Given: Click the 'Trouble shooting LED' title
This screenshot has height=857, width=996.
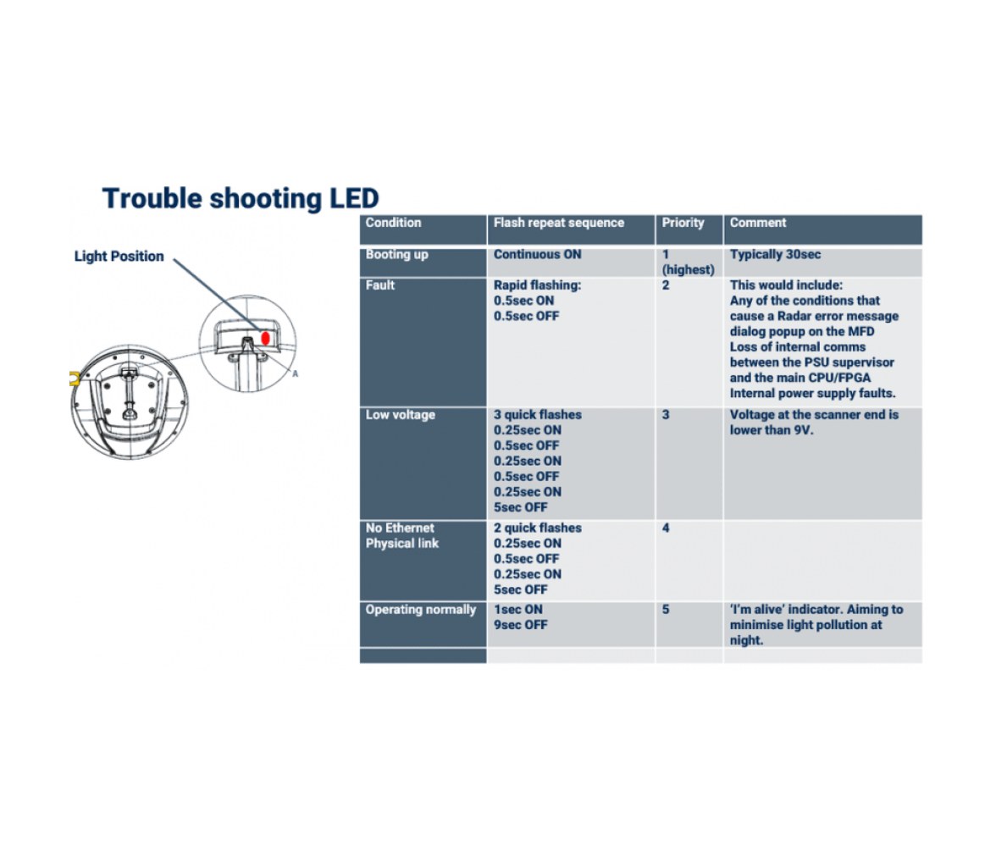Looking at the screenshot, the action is click(241, 199).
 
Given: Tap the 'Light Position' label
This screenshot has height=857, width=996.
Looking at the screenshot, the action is click(119, 257).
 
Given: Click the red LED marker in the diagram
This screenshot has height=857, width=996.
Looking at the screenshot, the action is click(266, 339).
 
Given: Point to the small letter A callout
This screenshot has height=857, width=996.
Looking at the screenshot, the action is click(296, 373).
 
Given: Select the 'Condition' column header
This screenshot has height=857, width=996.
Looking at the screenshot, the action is click(393, 223).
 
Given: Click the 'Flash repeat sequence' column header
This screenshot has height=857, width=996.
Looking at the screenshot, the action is click(559, 223).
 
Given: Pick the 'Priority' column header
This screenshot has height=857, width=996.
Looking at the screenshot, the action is click(683, 223).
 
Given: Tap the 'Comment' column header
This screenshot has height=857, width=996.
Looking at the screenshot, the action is click(758, 223).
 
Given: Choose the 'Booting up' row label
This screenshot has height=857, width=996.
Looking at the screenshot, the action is click(397, 255).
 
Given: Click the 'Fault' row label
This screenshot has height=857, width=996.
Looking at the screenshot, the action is click(379, 285).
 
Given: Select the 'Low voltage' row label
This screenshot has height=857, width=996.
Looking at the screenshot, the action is click(400, 415).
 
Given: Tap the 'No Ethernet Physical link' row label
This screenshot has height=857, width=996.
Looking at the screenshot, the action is click(402, 535).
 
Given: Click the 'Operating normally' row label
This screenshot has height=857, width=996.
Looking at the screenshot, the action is click(420, 610).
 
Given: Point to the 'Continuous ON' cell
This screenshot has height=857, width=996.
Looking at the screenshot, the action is click(537, 255).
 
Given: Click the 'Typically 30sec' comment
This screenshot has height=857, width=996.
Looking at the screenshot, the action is click(775, 255).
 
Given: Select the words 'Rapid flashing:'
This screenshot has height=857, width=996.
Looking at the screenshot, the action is click(537, 285).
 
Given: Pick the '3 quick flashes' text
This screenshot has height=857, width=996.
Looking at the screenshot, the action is click(537, 415).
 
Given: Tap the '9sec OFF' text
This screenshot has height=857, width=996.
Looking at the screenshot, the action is click(521, 625).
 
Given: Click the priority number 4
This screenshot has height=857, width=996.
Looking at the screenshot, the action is click(666, 528).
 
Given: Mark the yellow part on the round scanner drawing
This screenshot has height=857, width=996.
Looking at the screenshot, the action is click(75, 379).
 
